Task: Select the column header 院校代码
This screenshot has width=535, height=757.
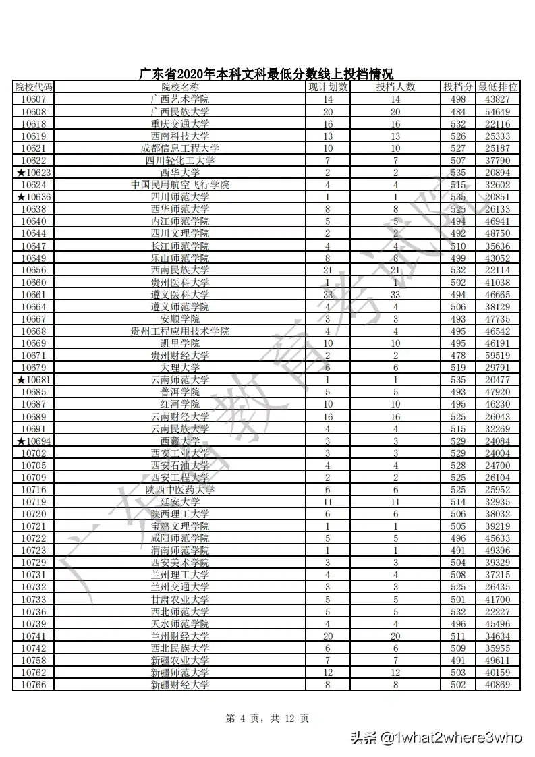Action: click(34, 87)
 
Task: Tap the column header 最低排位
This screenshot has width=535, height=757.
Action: click(498, 87)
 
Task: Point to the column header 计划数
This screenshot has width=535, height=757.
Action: click(328, 87)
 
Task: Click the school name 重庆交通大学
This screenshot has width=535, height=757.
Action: click(180, 123)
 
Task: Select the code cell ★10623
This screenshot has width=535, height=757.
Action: click(34, 173)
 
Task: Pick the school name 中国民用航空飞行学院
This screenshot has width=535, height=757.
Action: click(180, 185)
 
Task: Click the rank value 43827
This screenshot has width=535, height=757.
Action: click(498, 99)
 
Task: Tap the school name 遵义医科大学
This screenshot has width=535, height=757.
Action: click(180, 294)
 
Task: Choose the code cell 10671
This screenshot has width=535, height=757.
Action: click(34, 356)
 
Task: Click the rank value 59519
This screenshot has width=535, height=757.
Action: click(498, 356)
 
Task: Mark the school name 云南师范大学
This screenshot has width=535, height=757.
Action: click(180, 380)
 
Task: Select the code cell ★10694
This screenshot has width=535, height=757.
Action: click(34, 441)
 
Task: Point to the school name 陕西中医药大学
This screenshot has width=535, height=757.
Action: click(180, 490)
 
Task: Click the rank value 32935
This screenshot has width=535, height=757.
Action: click(498, 502)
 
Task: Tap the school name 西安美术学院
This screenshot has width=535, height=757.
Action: click(180, 563)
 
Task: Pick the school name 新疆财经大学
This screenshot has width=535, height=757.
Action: click(180, 685)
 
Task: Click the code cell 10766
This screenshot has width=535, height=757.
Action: click(34, 685)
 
